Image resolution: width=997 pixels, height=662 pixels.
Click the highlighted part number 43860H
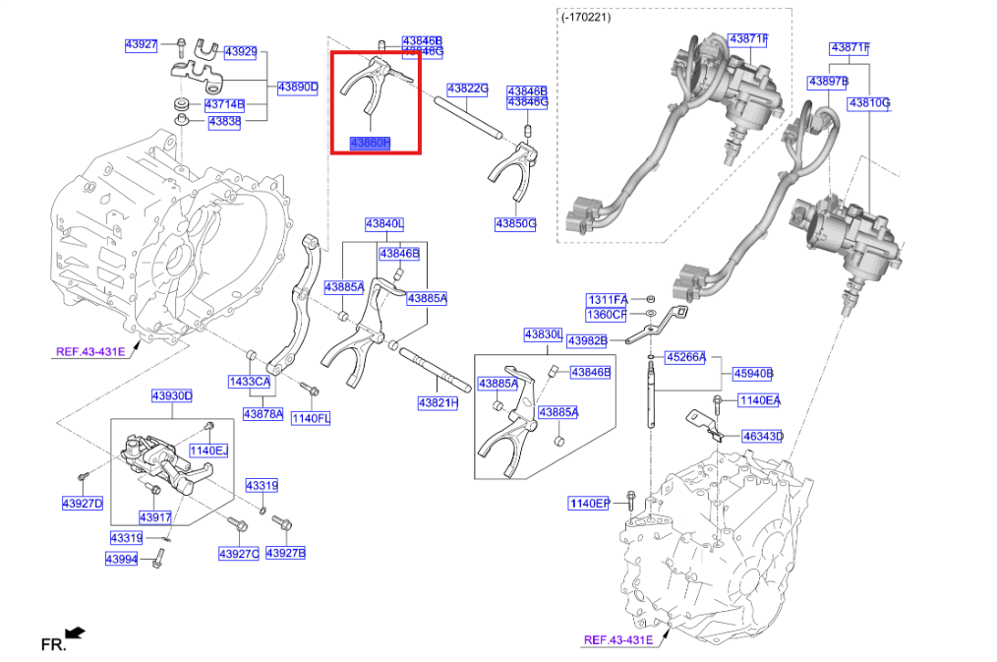(x=371, y=144)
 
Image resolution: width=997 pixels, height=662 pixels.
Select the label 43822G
(x=468, y=89)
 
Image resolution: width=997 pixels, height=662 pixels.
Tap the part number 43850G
(x=515, y=224)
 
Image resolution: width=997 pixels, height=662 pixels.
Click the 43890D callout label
(x=297, y=88)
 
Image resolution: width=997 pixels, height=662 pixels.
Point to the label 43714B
(x=224, y=104)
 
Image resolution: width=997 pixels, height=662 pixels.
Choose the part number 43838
(x=224, y=122)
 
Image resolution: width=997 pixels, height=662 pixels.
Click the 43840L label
(x=384, y=224)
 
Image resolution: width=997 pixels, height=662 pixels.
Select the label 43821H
(x=438, y=402)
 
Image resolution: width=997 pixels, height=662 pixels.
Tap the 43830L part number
(x=543, y=335)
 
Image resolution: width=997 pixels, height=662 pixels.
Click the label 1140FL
(x=310, y=418)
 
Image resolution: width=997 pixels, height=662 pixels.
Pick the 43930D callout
(x=171, y=396)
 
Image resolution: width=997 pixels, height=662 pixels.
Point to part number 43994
(x=123, y=559)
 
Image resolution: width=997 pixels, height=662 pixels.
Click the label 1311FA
(x=607, y=299)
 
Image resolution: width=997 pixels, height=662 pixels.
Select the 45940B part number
(x=753, y=373)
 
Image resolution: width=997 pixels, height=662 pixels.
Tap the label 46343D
(x=762, y=435)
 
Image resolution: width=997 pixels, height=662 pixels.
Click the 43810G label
(x=869, y=102)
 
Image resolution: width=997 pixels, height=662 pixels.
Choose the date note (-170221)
(x=585, y=17)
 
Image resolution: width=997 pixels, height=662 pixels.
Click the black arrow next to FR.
(x=75, y=633)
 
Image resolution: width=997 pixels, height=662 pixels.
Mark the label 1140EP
(x=589, y=504)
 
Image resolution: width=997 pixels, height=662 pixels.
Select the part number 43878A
(x=263, y=414)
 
